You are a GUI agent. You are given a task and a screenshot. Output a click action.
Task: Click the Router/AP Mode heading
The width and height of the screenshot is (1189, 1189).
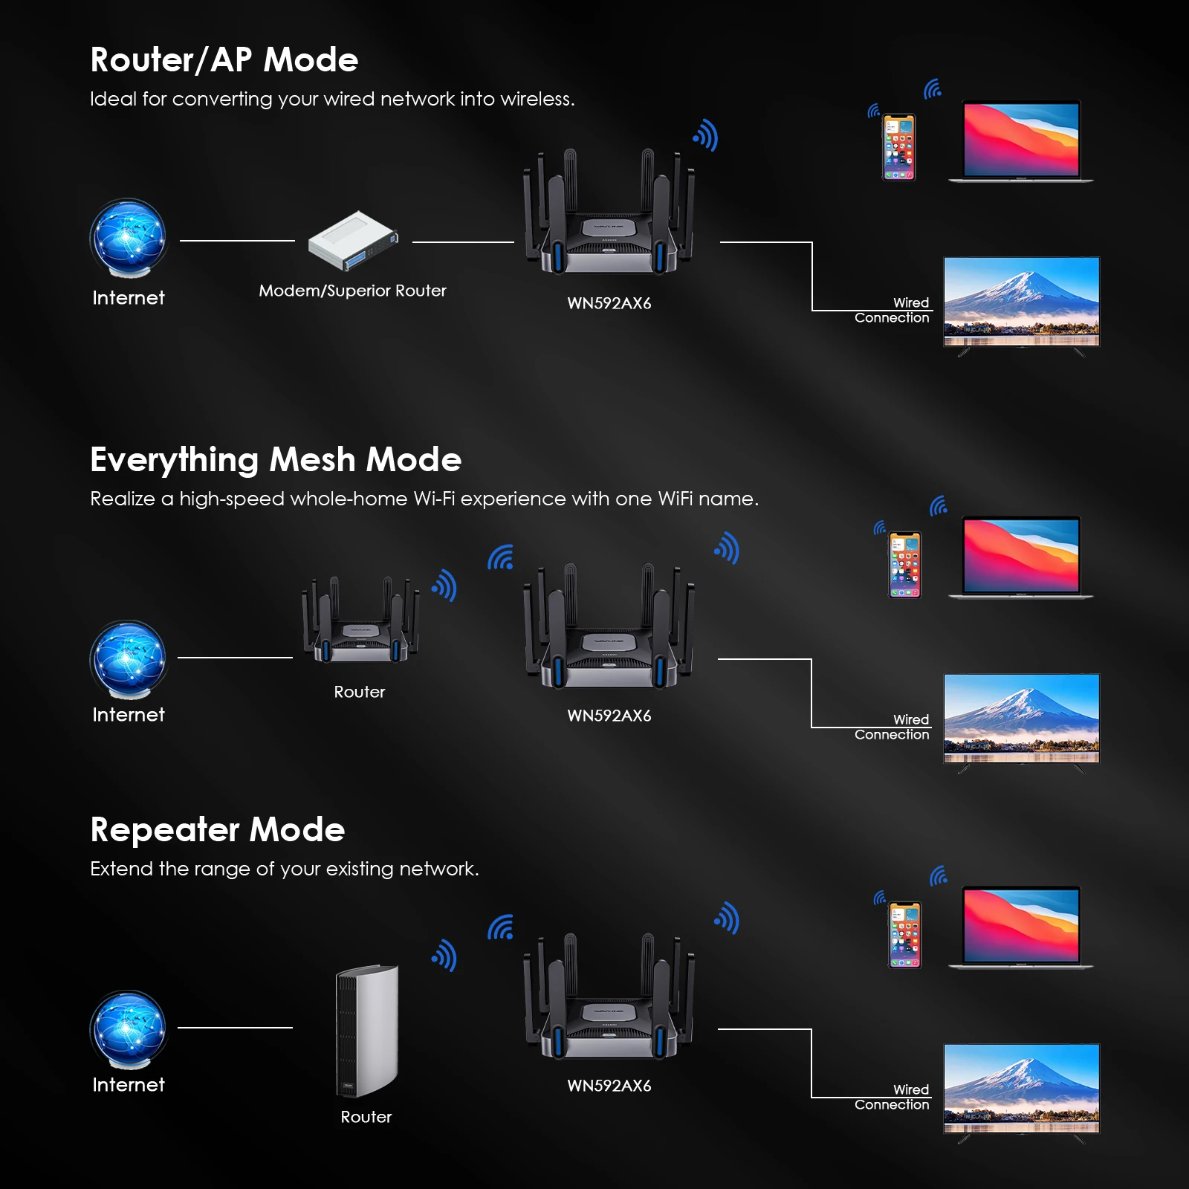click(224, 60)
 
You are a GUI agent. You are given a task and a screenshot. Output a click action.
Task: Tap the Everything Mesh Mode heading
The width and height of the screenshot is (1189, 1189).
click(276, 460)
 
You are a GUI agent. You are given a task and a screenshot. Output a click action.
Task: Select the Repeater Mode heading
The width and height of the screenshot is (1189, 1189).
click(217, 830)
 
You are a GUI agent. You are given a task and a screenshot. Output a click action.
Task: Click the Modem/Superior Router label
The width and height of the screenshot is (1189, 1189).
click(352, 291)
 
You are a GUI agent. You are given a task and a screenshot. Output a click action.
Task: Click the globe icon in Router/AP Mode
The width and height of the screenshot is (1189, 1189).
click(128, 238)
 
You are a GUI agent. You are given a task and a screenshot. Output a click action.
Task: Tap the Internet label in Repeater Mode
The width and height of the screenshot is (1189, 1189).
click(129, 1085)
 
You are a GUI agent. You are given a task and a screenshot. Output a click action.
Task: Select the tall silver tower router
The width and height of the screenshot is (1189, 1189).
click(367, 1031)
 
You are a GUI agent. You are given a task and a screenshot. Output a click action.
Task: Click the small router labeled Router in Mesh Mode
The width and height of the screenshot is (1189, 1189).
click(360, 621)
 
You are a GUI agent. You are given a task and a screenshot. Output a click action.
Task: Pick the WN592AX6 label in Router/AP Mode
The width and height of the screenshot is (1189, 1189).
click(609, 303)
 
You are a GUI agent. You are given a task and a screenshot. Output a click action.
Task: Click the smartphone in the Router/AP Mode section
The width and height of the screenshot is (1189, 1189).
click(898, 147)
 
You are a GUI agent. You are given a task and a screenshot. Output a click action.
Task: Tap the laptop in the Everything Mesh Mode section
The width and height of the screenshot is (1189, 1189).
click(1021, 557)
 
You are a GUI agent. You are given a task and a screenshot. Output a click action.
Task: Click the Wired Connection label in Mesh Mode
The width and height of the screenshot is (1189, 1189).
click(892, 728)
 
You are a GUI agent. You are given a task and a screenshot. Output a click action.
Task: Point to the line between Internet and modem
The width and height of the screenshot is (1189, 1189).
click(237, 241)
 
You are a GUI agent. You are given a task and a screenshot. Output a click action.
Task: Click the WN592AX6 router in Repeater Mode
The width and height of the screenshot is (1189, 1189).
click(609, 1000)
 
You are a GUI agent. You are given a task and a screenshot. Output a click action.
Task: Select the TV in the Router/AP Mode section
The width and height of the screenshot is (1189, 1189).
click(1021, 302)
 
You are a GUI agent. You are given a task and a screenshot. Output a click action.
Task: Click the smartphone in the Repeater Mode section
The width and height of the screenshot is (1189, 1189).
click(904, 935)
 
